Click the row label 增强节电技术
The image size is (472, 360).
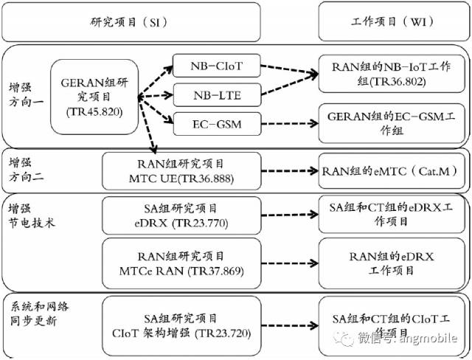[31, 215]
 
